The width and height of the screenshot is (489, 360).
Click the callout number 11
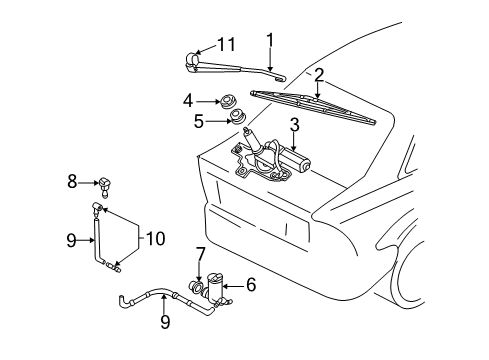pyautogui.click(x=226, y=44)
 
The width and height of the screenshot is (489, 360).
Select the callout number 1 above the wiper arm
pyautogui.click(x=270, y=40)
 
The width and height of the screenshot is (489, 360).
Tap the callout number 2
pyautogui.click(x=319, y=75)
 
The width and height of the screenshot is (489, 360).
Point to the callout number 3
pyautogui.click(x=295, y=125)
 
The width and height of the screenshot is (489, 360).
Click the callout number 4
pyautogui.click(x=188, y=100)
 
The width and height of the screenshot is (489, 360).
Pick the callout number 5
pyautogui.click(x=199, y=121)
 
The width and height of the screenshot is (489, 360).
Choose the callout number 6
pyautogui.click(x=251, y=285)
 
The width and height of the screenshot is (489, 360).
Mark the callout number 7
pyautogui.click(x=199, y=254)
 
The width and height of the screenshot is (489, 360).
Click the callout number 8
pyautogui.click(x=72, y=182)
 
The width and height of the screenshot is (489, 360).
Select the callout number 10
pyautogui.click(x=155, y=239)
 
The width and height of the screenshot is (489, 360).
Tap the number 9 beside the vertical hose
pyautogui.click(x=71, y=240)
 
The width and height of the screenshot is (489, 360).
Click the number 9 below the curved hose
pyautogui.click(x=165, y=322)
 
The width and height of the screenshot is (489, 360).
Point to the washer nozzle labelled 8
pyautogui.click(x=103, y=187)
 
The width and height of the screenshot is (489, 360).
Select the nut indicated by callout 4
pyautogui.click(x=228, y=101)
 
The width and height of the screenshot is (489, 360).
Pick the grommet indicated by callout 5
pyautogui.click(x=238, y=116)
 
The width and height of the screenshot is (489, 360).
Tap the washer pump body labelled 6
pyautogui.click(x=215, y=287)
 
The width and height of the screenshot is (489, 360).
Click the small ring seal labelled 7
pyautogui.click(x=196, y=286)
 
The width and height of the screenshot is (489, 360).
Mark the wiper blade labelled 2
pyautogui.click(x=313, y=107)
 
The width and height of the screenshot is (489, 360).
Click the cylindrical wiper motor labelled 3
pyautogui.click(x=295, y=160)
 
